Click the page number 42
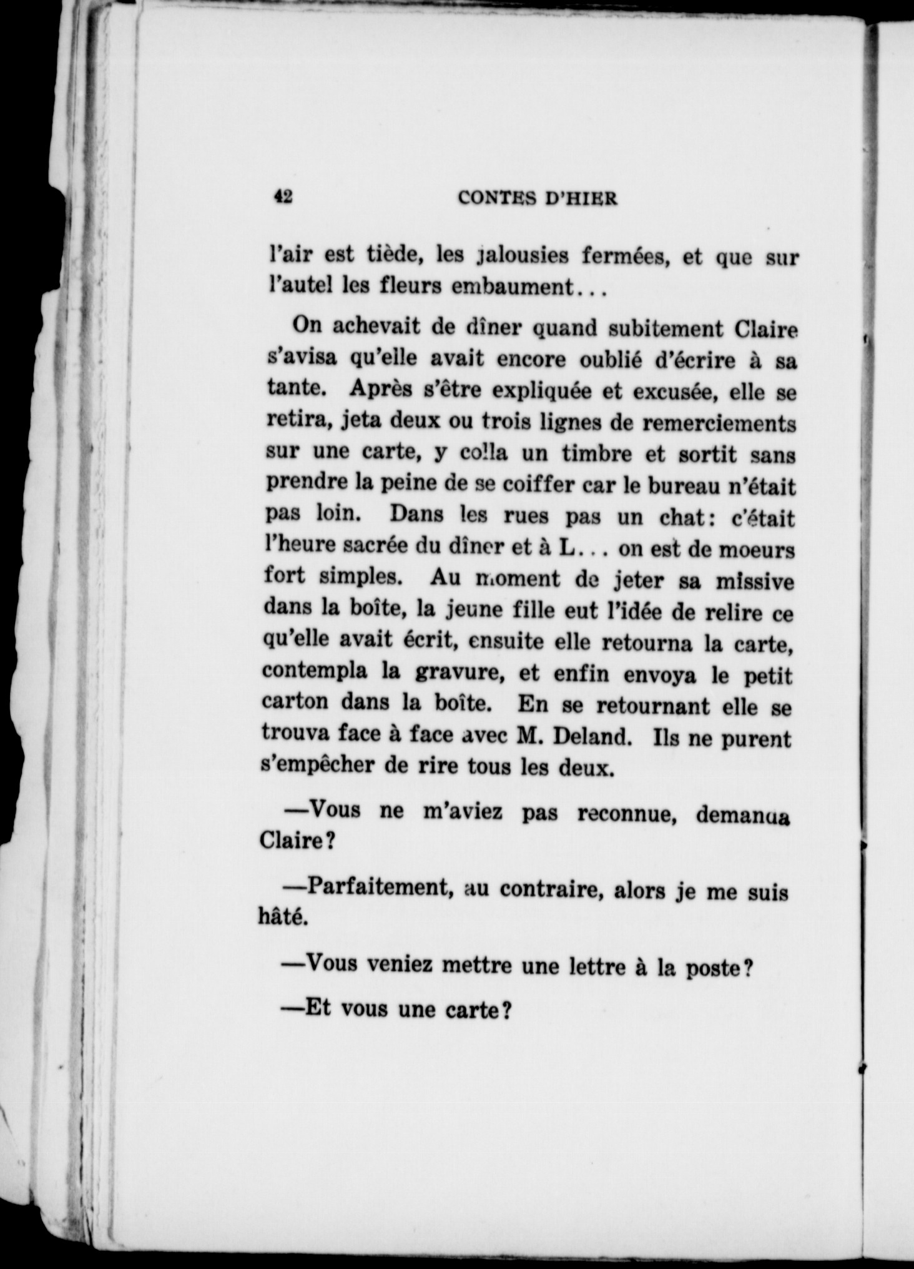click(283, 197)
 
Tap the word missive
click(755, 581)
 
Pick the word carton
click(295, 701)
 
